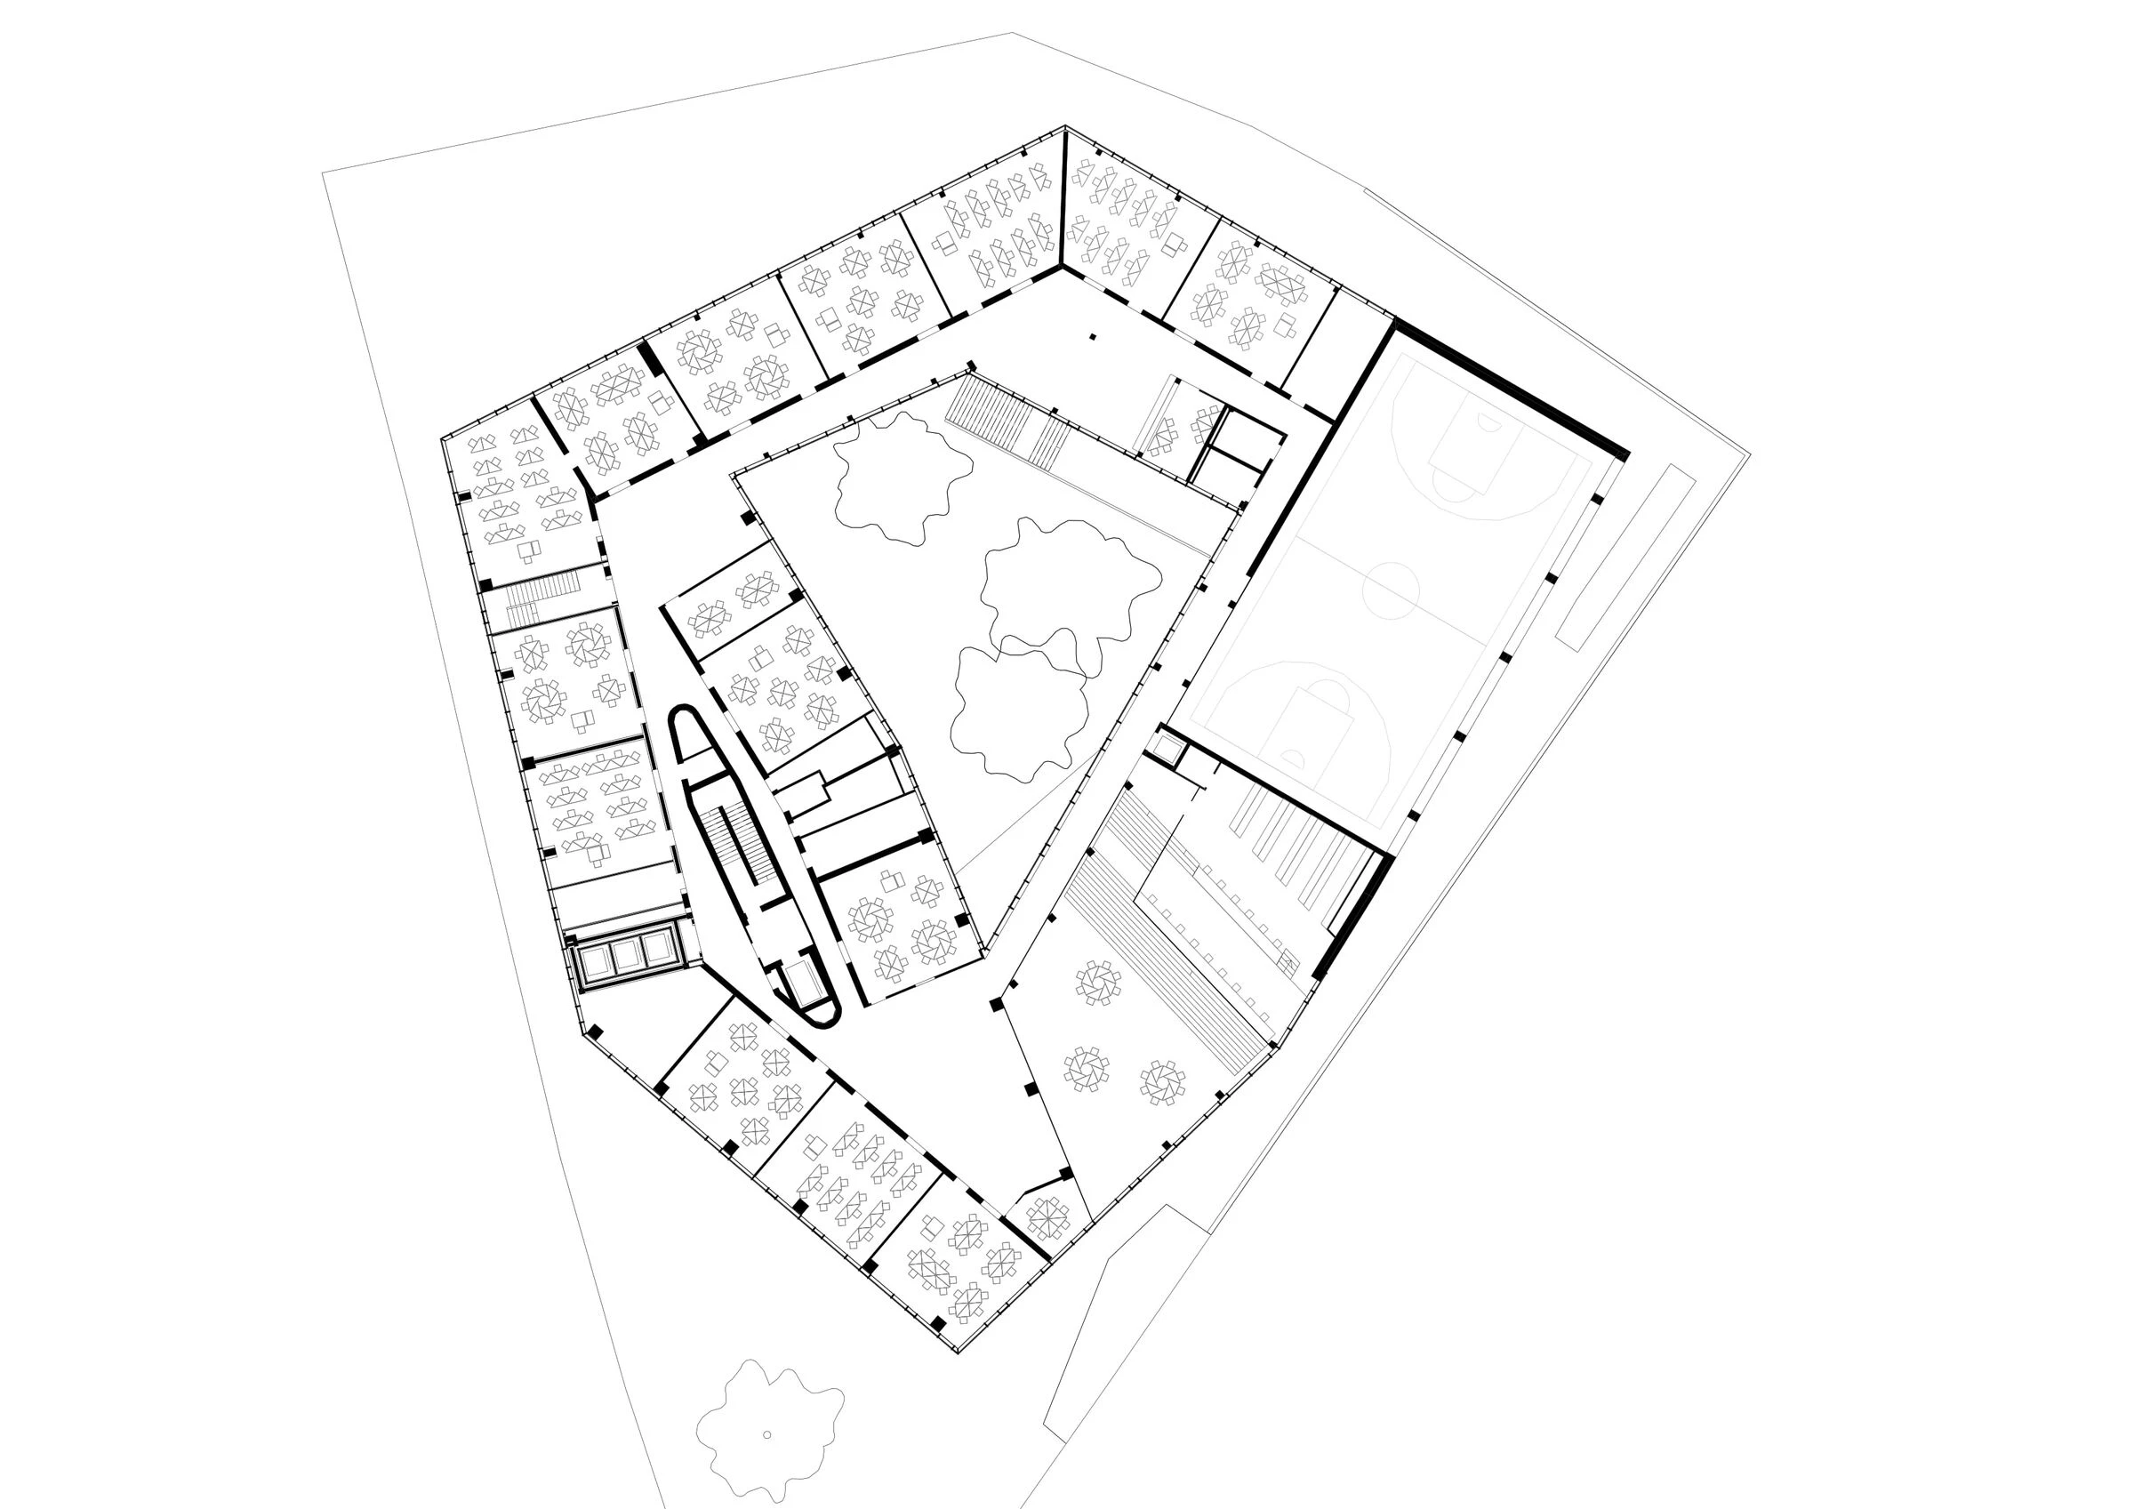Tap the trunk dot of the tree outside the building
click(766, 1433)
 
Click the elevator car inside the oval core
click(801, 983)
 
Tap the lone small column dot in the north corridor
click(1093, 337)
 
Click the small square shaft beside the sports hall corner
click(1168, 747)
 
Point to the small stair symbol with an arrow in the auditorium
click(1287, 962)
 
